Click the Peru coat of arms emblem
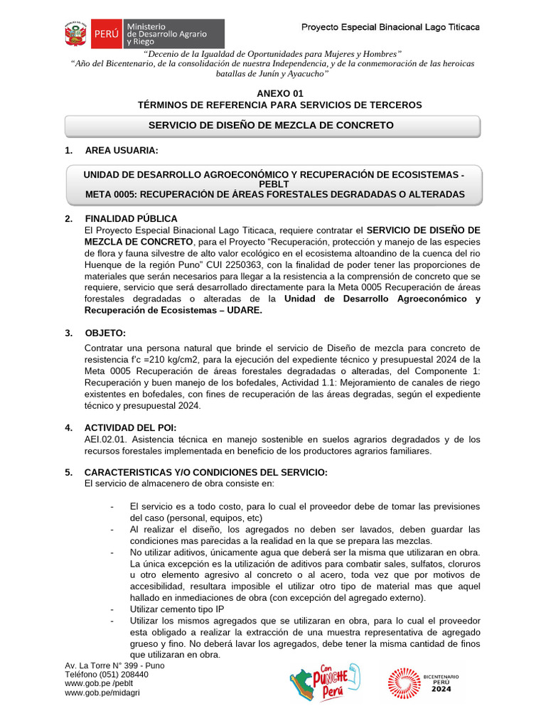point(75,33)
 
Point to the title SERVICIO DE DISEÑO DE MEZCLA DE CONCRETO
point(271,125)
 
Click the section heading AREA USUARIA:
point(122,151)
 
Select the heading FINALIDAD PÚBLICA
point(131,218)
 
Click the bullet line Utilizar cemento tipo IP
point(177,609)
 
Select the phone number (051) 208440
point(125,674)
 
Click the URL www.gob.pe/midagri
point(102,692)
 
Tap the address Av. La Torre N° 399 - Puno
point(114,665)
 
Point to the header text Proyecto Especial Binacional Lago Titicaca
point(390,27)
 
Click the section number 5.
point(68,472)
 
